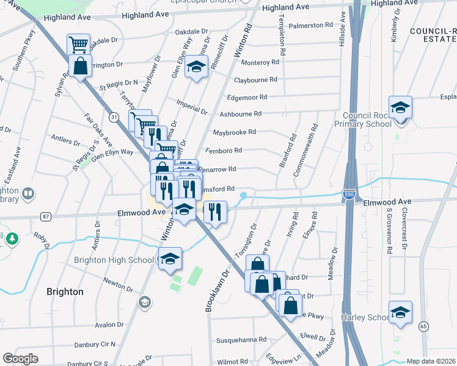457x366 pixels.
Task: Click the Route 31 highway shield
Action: (x=114, y=116)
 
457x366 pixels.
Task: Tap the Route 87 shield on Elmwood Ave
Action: (x=45, y=216)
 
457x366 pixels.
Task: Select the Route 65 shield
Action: (x=423, y=327)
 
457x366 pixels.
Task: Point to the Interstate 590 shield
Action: (x=348, y=195)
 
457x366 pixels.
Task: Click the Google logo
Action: (x=20, y=359)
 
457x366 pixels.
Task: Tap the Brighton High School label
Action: (x=114, y=260)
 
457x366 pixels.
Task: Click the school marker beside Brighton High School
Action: (x=170, y=258)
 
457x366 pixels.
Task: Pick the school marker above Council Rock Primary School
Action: (x=400, y=107)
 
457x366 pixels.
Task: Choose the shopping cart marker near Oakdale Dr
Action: (x=78, y=44)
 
